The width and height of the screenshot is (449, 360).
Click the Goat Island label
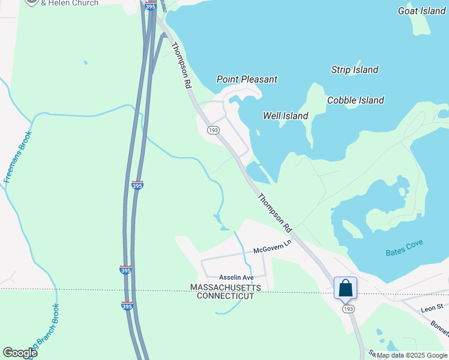(x=421, y=11)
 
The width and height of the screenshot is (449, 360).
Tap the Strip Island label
(x=355, y=70)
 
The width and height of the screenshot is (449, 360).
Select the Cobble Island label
(x=355, y=100)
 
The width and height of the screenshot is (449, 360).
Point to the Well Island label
(x=286, y=116)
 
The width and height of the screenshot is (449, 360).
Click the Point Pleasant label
(x=247, y=79)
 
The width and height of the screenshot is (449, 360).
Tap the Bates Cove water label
(x=404, y=247)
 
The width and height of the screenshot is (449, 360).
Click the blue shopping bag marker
(x=346, y=288)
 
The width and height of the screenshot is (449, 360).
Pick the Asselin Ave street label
(x=237, y=277)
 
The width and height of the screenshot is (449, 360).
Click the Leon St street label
(x=432, y=307)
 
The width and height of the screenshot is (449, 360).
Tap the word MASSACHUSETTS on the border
(x=226, y=288)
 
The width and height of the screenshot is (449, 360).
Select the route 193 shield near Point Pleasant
(x=212, y=130)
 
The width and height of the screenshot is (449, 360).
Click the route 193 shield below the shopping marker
(x=348, y=308)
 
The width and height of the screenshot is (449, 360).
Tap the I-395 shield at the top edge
(x=151, y=5)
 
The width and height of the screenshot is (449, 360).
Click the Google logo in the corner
(x=20, y=353)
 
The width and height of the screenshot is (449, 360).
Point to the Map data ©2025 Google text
(x=411, y=356)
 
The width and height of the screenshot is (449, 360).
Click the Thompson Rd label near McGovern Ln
(x=275, y=212)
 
